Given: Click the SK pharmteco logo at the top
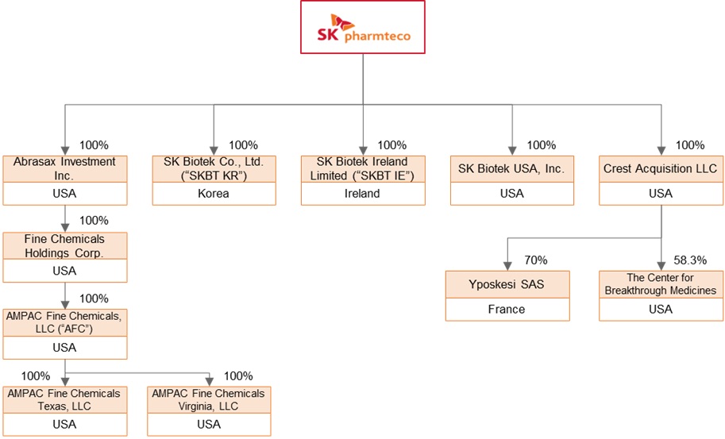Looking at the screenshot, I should pos(362,28).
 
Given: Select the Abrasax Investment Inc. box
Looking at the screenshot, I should pos(64,168).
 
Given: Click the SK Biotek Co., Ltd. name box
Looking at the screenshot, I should pos(214,168).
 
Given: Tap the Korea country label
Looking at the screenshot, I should pos(214,194).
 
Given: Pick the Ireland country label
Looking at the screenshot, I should pos(363,194).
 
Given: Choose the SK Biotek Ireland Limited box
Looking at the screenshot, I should pos(363,168).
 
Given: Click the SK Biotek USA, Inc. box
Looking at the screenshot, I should pos(511,169).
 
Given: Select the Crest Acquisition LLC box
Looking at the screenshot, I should pos(661,169).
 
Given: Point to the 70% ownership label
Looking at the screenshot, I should pos(535,260).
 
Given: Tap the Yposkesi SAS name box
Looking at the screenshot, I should pos(507,283).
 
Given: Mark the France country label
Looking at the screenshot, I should pos(507,309).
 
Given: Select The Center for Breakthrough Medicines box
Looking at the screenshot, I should pos(661,283).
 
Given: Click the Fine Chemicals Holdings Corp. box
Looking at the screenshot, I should pos(64,245).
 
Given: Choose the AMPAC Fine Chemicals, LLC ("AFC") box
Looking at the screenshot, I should pos(64,322).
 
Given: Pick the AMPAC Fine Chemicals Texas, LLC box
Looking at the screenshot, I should pos(64,399).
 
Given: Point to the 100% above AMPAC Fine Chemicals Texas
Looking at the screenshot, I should pos(36,375).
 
